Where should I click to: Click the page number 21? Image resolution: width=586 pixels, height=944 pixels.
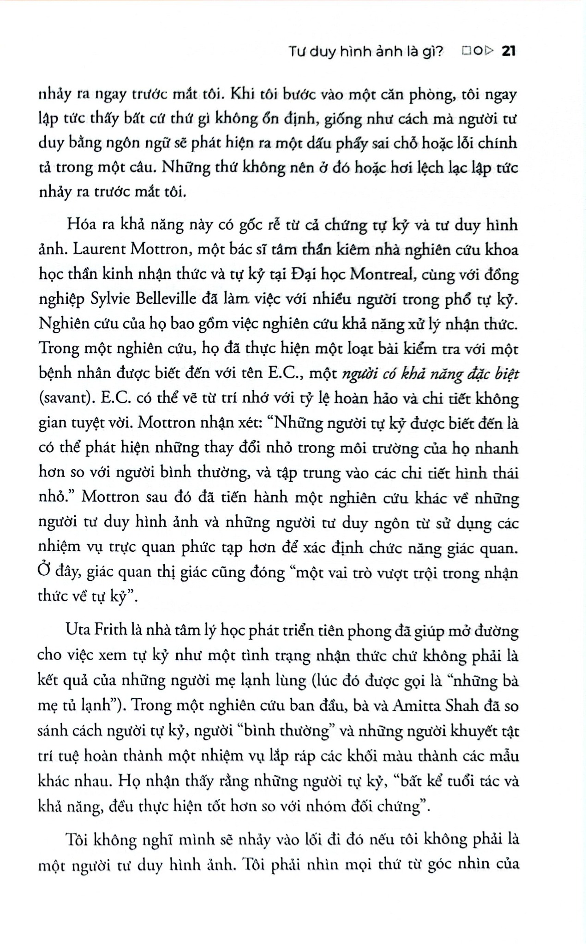[508, 52]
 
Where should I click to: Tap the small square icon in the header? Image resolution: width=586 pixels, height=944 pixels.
[465, 52]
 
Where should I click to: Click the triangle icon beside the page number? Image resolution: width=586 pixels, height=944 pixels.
[490, 52]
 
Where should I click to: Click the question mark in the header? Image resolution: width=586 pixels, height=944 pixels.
[439, 52]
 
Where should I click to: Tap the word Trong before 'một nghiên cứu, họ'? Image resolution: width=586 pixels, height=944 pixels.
[60, 349]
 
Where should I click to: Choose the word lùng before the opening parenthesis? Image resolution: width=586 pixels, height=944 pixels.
[282, 680]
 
